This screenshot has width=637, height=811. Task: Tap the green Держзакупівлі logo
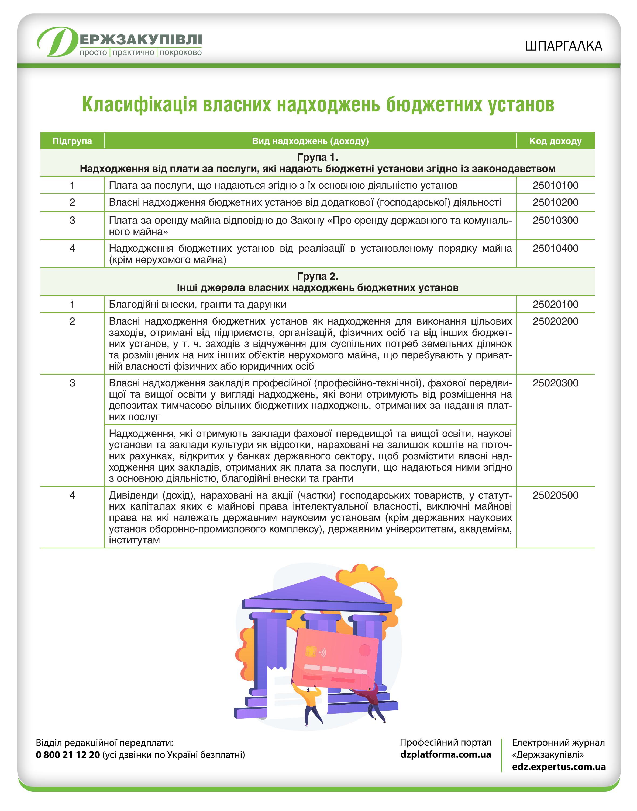pos(119,42)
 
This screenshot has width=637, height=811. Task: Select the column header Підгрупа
pos(72,141)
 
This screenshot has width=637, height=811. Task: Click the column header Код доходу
pos(555,141)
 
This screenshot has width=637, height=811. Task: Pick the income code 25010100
pos(555,185)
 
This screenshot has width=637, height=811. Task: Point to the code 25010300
pos(555,220)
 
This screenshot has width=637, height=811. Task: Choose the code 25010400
pos(555,248)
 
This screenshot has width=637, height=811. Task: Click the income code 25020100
pos(555,304)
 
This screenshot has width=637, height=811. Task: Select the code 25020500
pos(555,495)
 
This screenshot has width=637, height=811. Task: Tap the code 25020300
pos(555,383)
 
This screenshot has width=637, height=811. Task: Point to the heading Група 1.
pos(317,157)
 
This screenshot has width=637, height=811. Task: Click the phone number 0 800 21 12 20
pos(68,755)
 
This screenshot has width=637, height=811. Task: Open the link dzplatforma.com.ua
pos(445,754)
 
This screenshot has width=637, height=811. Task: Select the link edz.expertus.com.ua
pos(559,767)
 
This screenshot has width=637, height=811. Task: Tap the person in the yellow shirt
pos(312,702)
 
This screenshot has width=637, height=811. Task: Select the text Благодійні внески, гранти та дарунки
pos(198,304)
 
